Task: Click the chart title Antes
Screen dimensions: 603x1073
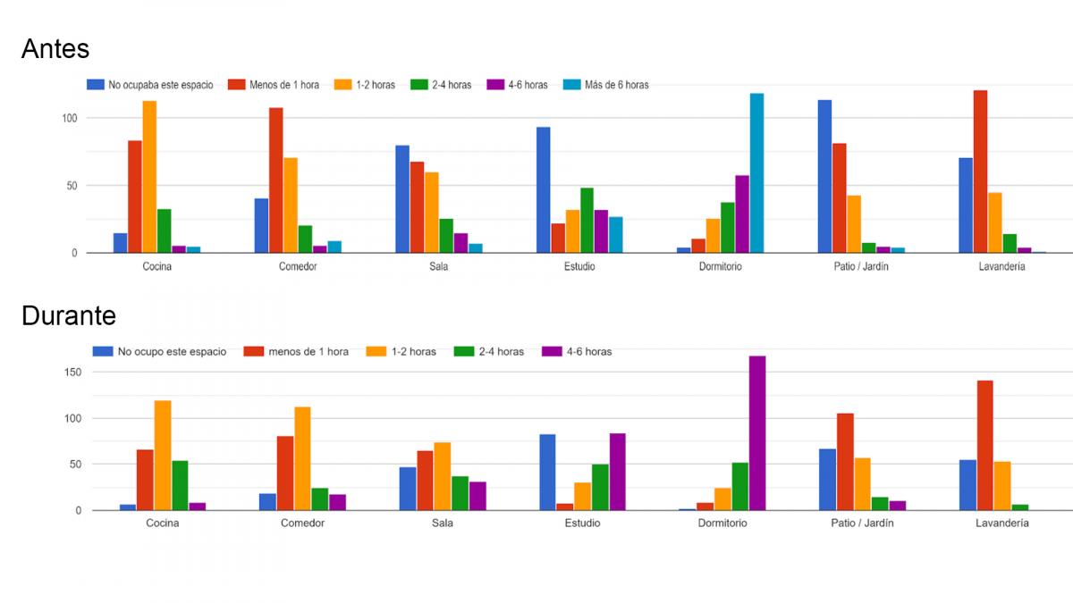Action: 55,48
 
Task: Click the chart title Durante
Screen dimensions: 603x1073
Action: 69,316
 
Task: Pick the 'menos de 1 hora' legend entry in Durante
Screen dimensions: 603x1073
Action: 299,352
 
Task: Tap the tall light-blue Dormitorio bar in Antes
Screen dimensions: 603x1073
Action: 756,173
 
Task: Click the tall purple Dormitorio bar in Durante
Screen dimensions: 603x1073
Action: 757,433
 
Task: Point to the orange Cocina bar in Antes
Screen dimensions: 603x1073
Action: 149,177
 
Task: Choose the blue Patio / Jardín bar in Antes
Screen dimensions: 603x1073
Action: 824,176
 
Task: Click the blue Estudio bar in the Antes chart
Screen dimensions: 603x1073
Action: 544,190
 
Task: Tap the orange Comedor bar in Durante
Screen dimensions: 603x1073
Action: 302,458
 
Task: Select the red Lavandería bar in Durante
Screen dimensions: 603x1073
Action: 984,446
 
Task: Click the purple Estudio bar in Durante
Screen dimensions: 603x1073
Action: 617,472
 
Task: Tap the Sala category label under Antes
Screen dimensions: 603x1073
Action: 439,266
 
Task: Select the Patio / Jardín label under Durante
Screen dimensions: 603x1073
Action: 862,523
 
